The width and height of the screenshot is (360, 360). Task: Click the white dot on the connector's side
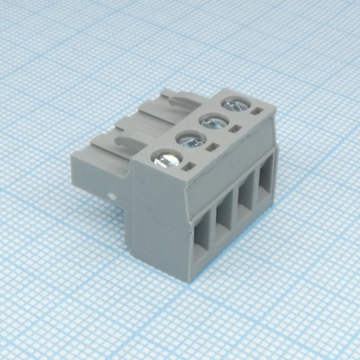coord(112,195)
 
